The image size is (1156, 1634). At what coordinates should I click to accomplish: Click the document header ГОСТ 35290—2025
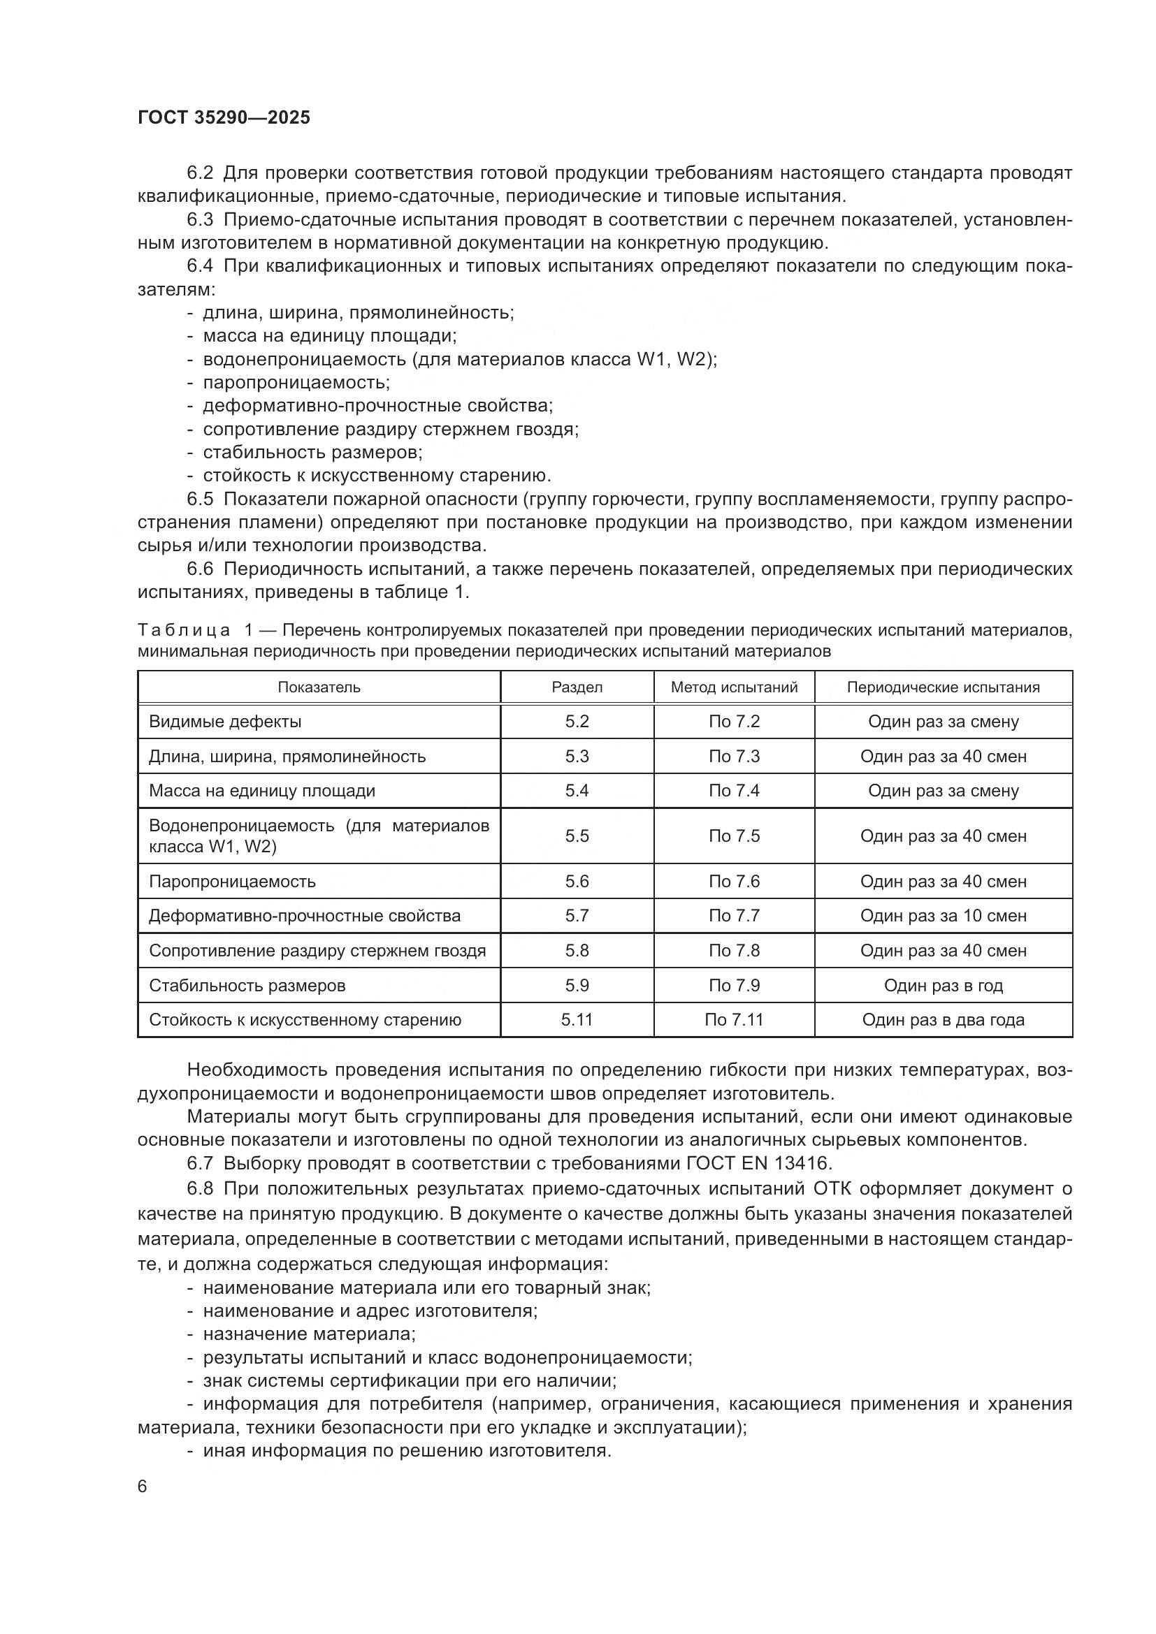[x=224, y=118]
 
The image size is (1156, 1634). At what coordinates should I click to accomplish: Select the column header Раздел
[x=577, y=687]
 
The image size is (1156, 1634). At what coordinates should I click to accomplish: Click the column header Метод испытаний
[x=734, y=687]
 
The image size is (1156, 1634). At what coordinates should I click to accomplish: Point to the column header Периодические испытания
[x=942, y=687]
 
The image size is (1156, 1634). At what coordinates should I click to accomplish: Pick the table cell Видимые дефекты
[x=225, y=722]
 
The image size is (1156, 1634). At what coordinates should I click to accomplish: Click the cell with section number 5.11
[x=577, y=1020]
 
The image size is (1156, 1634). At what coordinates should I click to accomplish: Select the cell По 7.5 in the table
[x=734, y=836]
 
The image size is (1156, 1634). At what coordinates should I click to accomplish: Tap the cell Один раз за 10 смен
[x=942, y=916]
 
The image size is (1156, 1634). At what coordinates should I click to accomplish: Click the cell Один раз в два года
[x=942, y=1020]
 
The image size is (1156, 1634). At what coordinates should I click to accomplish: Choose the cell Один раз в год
[x=942, y=986]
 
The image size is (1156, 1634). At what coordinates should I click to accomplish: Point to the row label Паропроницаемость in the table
[x=232, y=882]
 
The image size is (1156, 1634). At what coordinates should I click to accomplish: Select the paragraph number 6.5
[x=200, y=499]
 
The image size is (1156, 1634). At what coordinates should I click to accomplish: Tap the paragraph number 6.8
[x=200, y=1188]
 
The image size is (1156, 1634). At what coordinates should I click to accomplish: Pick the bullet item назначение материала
[x=309, y=1334]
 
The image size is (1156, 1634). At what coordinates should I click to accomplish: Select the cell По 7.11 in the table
[x=734, y=1020]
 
